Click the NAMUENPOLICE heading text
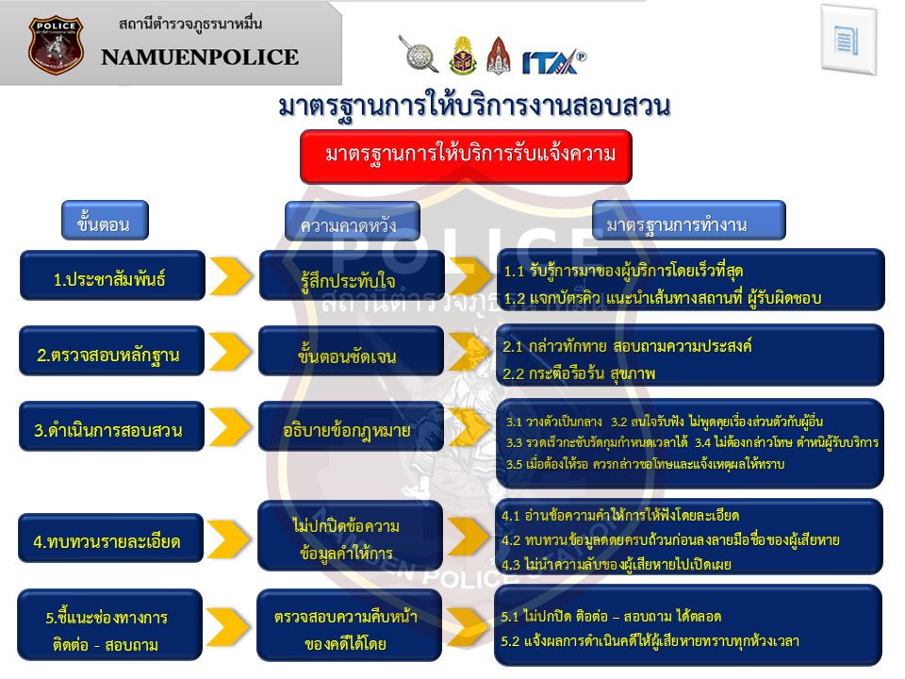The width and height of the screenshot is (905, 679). click(x=200, y=57)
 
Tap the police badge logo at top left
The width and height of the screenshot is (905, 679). click(x=56, y=44)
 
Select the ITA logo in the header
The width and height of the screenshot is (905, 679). click(x=553, y=60)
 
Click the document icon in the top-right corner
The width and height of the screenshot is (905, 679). click(x=848, y=40)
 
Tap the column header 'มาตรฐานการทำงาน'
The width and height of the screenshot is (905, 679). click(x=689, y=224)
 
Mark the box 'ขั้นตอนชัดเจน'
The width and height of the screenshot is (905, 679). click(x=352, y=356)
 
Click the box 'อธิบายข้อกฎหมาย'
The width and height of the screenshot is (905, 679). click(x=352, y=431)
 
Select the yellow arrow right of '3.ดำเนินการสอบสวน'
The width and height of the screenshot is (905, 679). click(x=230, y=431)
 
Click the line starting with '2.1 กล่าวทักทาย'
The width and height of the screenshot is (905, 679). click(x=627, y=347)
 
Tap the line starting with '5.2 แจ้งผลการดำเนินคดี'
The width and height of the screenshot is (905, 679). click(x=650, y=641)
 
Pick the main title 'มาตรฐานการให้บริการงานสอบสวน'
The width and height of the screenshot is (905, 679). click(x=473, y=107)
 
